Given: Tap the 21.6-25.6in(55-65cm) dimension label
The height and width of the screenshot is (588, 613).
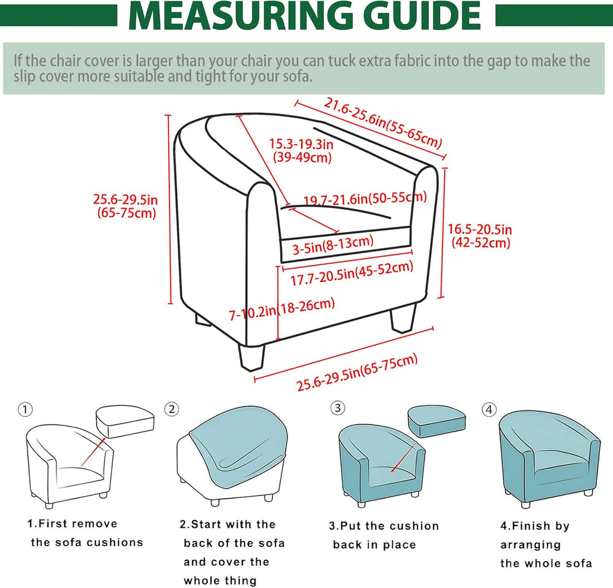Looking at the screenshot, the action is tap(383, 123).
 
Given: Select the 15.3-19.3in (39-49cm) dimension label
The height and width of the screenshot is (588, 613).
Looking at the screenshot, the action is tap(302, 150).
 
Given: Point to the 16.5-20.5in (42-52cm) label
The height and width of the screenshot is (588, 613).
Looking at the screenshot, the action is tap(480, 235).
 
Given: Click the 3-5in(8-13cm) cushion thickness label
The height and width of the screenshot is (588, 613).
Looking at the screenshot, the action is tap(333, 245).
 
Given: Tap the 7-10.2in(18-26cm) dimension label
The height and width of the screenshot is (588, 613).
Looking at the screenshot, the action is tap(282, 309).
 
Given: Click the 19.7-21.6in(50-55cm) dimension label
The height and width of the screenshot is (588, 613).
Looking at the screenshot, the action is tap(365, 199).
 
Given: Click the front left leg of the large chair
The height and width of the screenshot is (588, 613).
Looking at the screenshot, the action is tap(252, 357).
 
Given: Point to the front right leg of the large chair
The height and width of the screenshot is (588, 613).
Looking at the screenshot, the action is tap(403, 318).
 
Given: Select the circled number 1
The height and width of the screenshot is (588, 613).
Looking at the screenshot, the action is tap(25, 410).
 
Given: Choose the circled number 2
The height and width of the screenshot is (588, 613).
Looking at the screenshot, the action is tap(172, 410).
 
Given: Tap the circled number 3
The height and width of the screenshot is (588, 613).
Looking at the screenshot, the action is tap(338, 408).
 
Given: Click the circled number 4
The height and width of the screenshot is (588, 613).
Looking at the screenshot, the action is tap(489, 410).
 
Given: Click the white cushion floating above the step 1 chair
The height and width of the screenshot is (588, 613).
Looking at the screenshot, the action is tap(125, 421).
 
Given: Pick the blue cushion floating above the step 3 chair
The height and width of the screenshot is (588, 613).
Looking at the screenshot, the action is tap(436, 421).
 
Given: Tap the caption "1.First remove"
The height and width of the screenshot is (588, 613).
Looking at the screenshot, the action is tap(72, 524).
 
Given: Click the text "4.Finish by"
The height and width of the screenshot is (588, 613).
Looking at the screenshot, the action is tap(535, 526).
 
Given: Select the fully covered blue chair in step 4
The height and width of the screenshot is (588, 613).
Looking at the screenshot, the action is tap(550, 459).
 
